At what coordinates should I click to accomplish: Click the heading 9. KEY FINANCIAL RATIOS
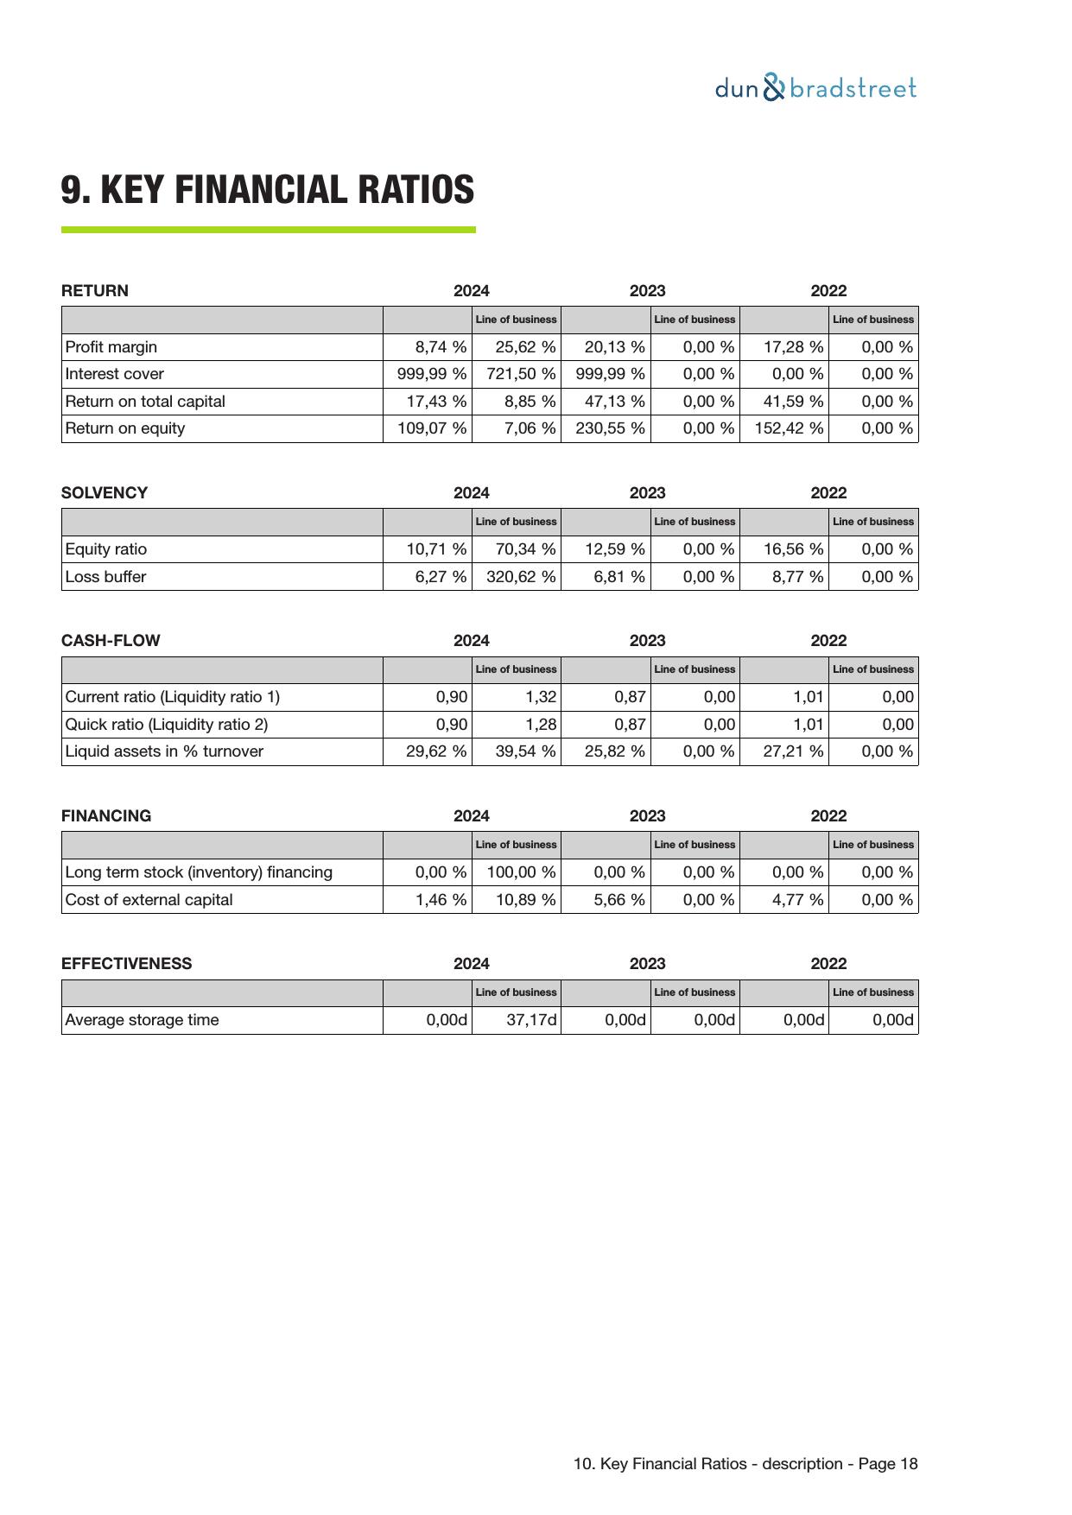(267, 190)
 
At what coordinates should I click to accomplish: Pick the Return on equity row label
(125, 428)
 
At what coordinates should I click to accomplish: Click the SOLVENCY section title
(105, 493)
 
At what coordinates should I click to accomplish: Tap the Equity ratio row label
(106, 549)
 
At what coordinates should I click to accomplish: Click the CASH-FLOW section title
(111, 641)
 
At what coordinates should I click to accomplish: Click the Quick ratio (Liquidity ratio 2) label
(167, 725)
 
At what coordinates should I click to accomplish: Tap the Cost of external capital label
(149, 900)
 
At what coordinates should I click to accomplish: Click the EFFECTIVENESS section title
(126, 964)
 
